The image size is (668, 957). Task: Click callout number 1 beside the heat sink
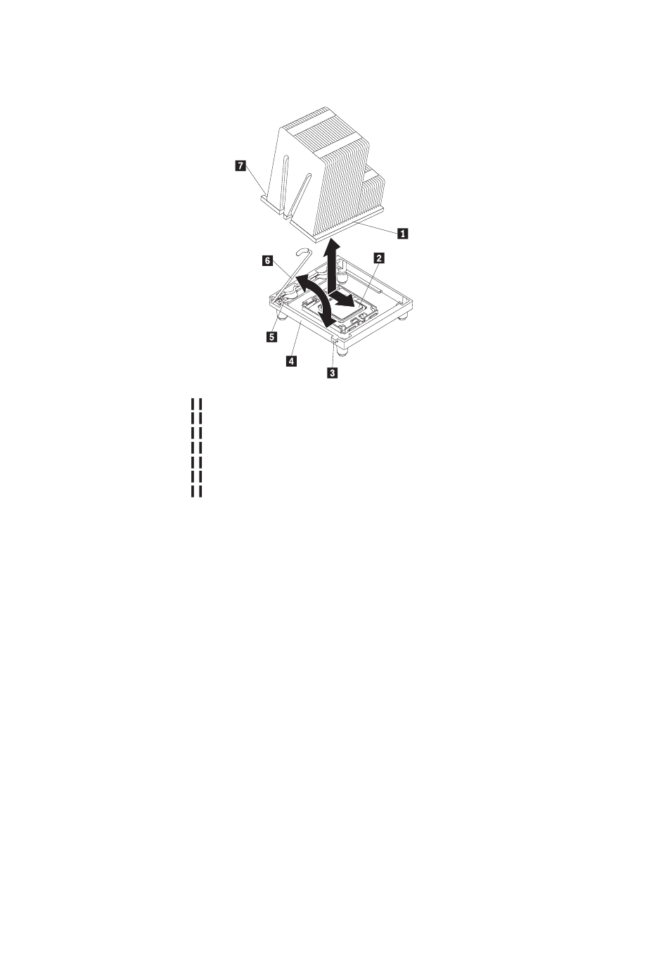tap(402, 234)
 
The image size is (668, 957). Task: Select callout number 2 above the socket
tap(378, 258)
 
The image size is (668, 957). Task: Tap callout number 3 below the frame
tap(332, 372)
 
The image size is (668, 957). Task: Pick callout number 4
tap(291, 361)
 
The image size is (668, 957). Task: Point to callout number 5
tap(271, 336)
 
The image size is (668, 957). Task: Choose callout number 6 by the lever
tap(267, 260)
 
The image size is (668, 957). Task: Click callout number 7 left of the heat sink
tap(242, 165)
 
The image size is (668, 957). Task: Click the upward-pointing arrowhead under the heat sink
tap(333, 246)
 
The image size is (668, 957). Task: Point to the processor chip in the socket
tap(349, 314)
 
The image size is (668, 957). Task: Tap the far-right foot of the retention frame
tap(404, 318)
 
